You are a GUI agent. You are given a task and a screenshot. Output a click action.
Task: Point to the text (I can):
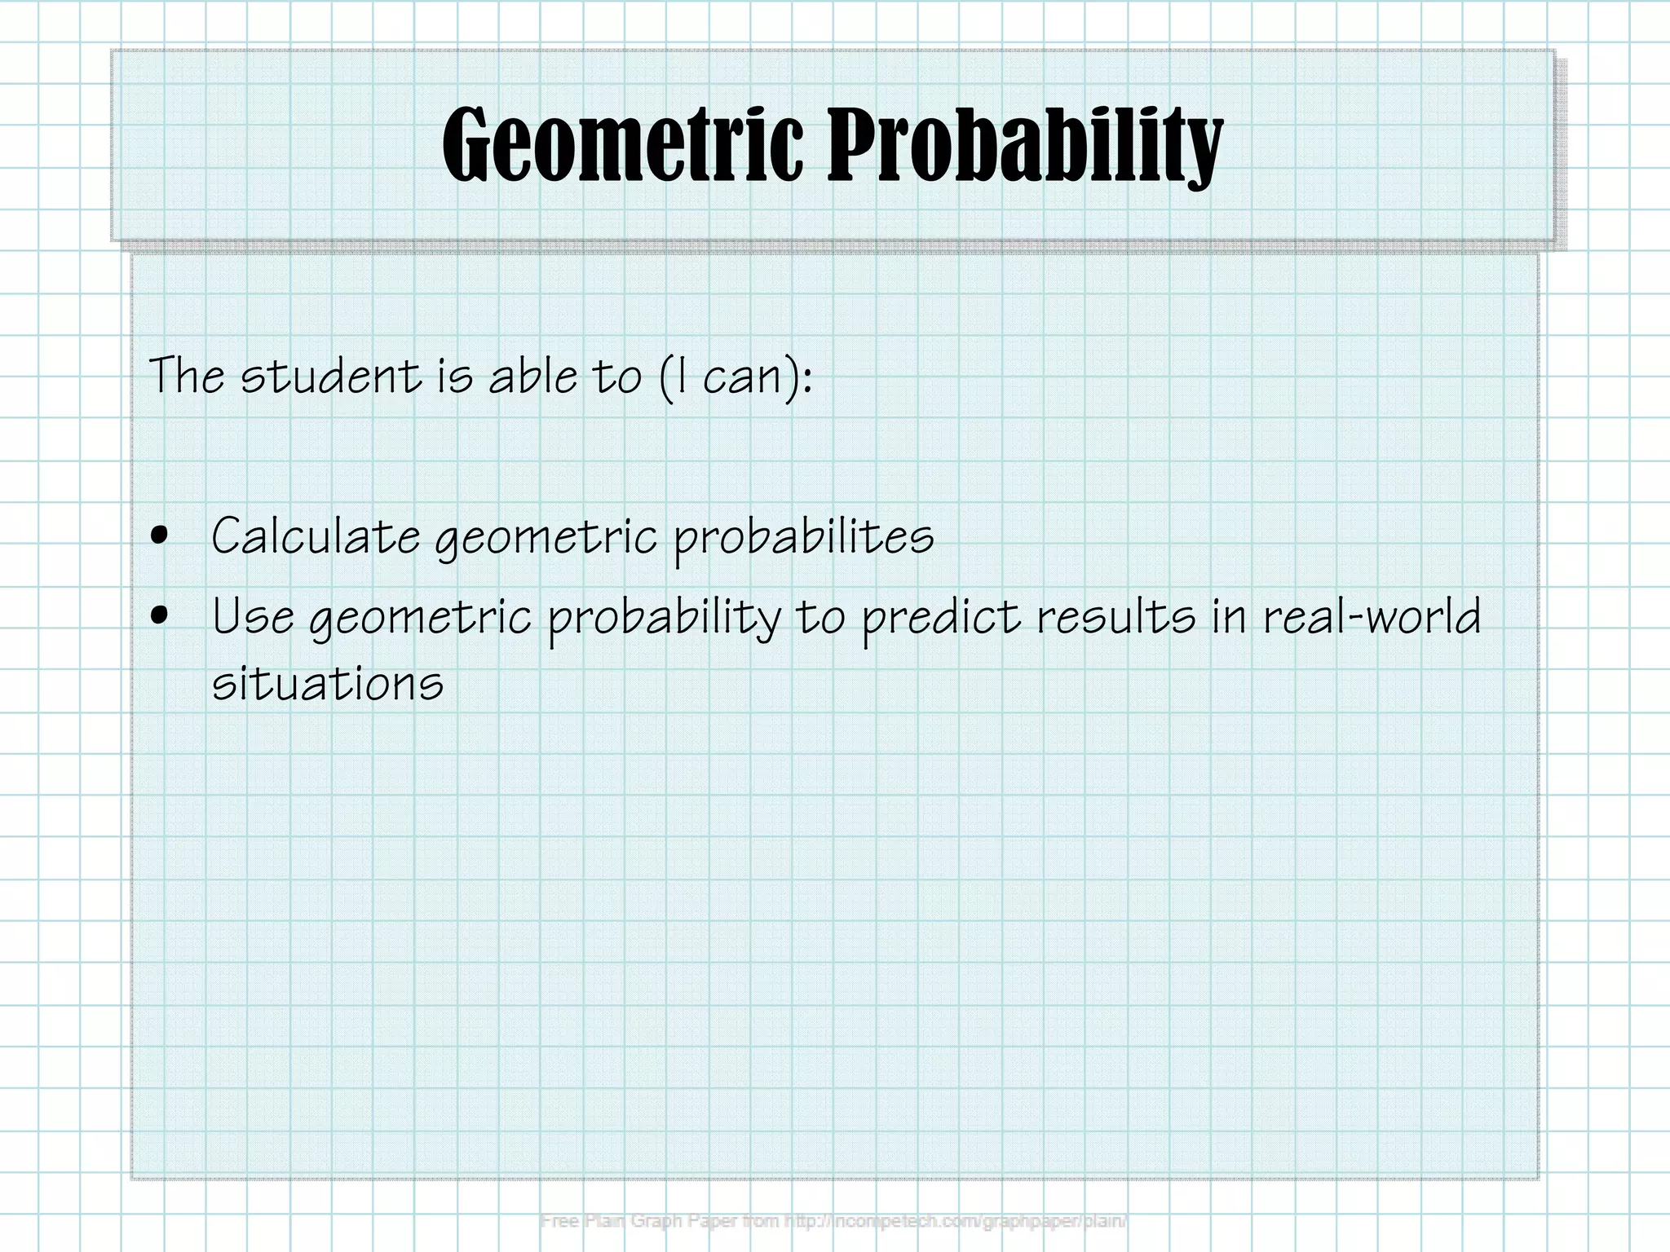pyautogui.click(x=735, y=377)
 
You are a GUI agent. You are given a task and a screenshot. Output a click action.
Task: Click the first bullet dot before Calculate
pyautogui.click(x=160, y=536)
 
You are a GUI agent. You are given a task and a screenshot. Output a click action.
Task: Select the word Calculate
pyautogui.click(x=316, y=536)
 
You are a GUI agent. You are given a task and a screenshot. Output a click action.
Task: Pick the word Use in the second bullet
pyautogui.click(x=252, y=616)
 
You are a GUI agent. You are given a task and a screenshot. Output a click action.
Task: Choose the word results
pyautogui.click(x=1116, y=616)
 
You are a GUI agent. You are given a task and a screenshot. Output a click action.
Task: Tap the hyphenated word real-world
pyautogui.click(x=1372, y=616)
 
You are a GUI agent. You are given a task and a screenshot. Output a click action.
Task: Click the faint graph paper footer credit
pyautogui.click(x=833, y=1221)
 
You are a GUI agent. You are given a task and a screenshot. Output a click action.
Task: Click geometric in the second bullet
pyautogui.click(x=421, y=618)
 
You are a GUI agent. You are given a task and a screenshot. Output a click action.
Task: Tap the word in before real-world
pyautogui.click(x=1229, y=616)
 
